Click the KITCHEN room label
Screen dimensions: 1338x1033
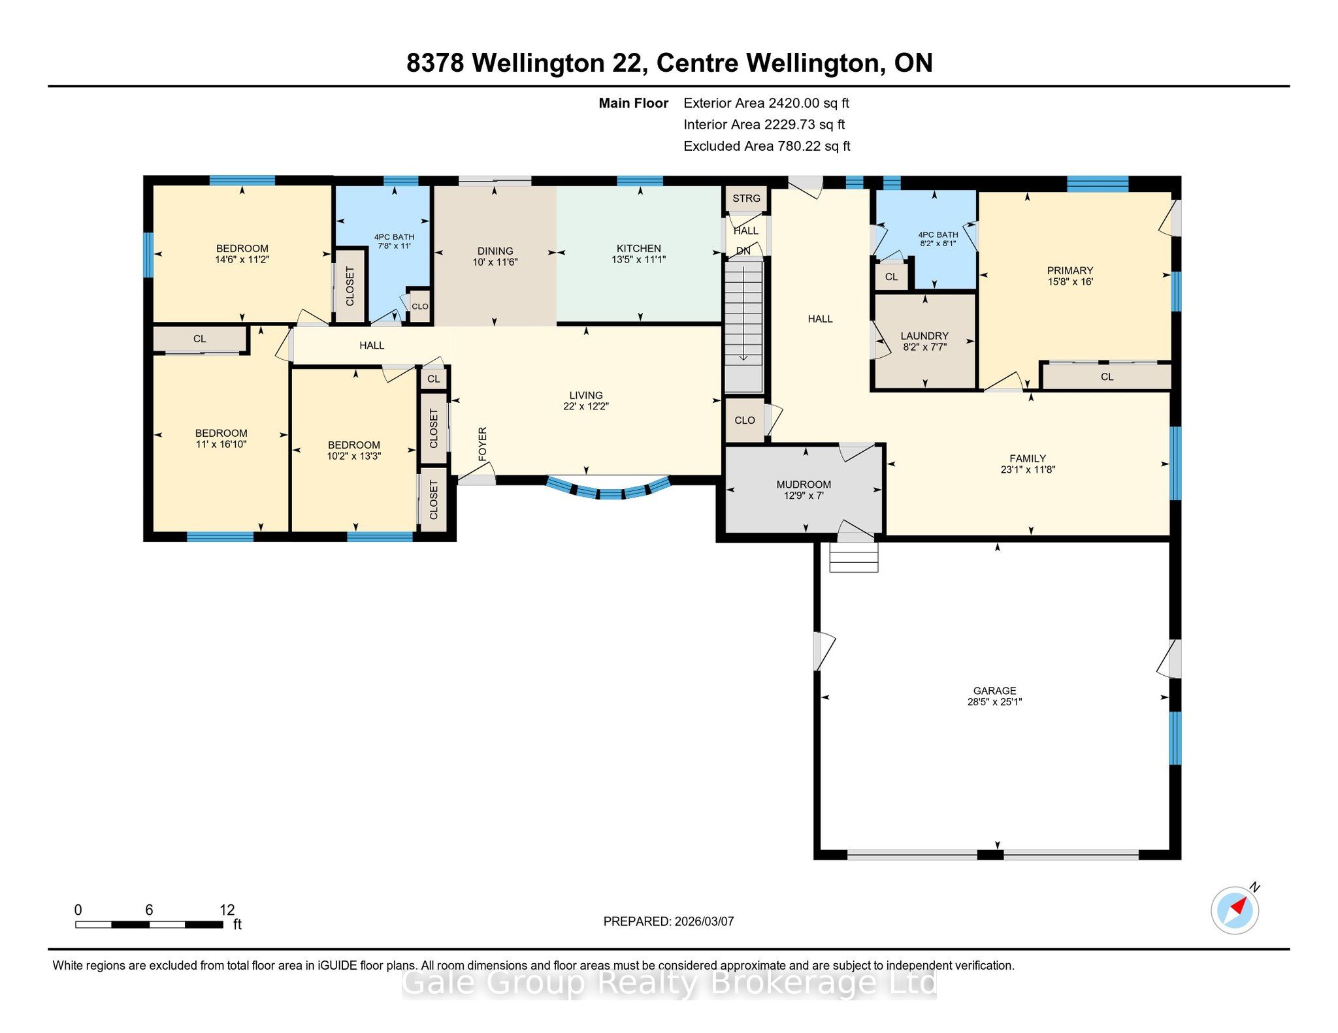click(x=638, y=248)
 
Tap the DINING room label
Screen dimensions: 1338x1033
click(x=495, y=251)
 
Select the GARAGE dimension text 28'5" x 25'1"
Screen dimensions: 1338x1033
click(x=994, y=702)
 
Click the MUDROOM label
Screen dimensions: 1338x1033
click(x=804, y=485)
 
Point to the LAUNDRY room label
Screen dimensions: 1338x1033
click(x=924, y=336)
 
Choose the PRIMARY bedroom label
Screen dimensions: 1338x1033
click(x=1069, y=270)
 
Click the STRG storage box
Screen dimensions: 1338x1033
click(x=746, y=199)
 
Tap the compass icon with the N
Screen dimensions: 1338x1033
click(x=1235, y=909)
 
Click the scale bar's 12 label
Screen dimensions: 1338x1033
click(x=227, y=910)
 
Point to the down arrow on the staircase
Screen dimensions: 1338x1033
click(x=743, y=310)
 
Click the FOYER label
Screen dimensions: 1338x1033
click(x=483, y=444)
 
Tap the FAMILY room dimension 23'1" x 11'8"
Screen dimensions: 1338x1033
click(x=1028, y=469)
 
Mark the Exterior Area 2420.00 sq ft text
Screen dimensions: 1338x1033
click(x=766, y=103)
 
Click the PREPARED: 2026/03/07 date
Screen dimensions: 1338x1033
click(x=668, y=921)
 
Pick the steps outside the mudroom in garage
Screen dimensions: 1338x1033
click(x=853, y=558)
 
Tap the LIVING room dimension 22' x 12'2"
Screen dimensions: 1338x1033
click(x=586, y=406)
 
